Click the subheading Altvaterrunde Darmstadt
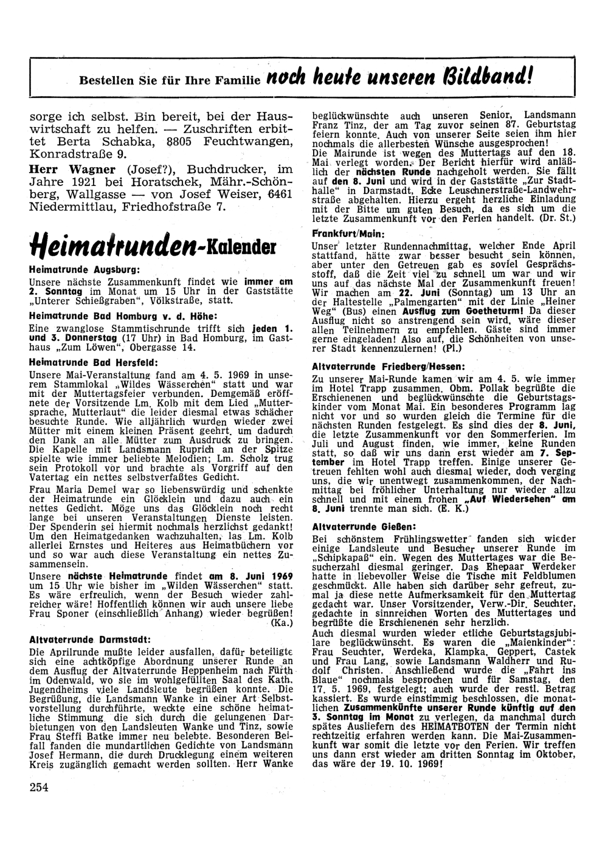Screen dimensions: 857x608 pyautogui.click(x=89, y=639)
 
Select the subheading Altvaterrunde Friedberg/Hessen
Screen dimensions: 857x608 pyautogui.click(x=389, y=367)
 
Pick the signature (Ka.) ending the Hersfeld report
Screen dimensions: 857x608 pyautogui.click(x=282, y=622)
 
